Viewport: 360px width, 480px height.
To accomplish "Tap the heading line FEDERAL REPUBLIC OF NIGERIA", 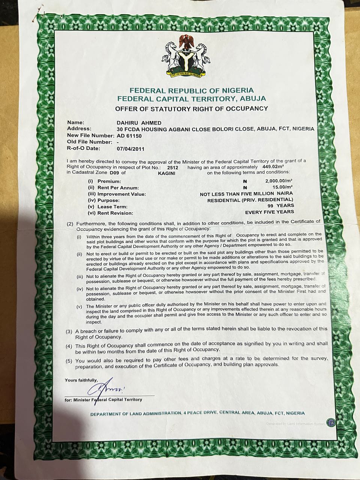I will tap(191, 90).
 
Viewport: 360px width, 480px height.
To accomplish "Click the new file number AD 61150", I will tap(129, 136).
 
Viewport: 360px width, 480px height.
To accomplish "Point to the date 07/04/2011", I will tap(130, 148).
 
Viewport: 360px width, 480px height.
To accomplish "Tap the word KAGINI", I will tap(166, 174).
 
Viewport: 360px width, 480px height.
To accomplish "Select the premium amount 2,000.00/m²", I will tap(279, 180).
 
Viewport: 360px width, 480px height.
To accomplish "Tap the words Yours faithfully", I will tap(81, 380).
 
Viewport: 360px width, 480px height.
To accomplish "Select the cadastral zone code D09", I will tap(114, 173).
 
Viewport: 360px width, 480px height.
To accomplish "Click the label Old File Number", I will tap(90, 142).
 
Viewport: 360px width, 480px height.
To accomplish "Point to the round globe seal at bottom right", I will tap(330, 422).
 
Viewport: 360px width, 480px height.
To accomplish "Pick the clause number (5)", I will tap(69, 361).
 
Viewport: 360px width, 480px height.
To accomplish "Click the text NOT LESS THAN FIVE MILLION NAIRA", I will tap(246, 194).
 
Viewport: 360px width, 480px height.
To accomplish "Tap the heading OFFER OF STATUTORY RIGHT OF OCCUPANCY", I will tap(191, 109).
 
